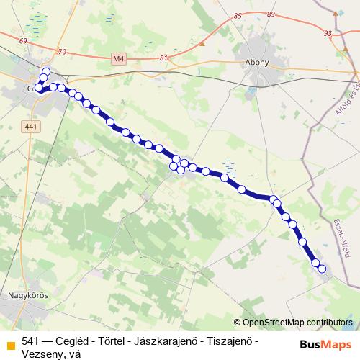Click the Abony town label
257,62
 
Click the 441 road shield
29,127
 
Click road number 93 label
328,33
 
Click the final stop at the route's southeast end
322,269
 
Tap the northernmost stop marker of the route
45,71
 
